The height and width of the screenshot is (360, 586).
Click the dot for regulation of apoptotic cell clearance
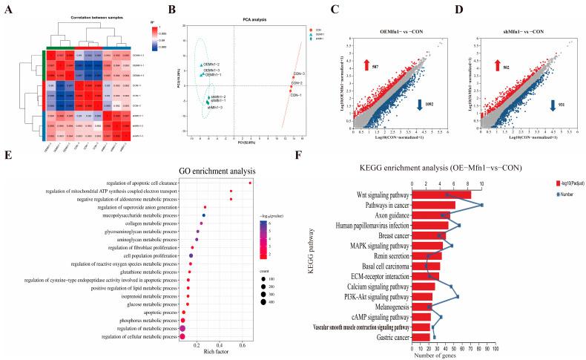pyautogui.click(x=250, y=182)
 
